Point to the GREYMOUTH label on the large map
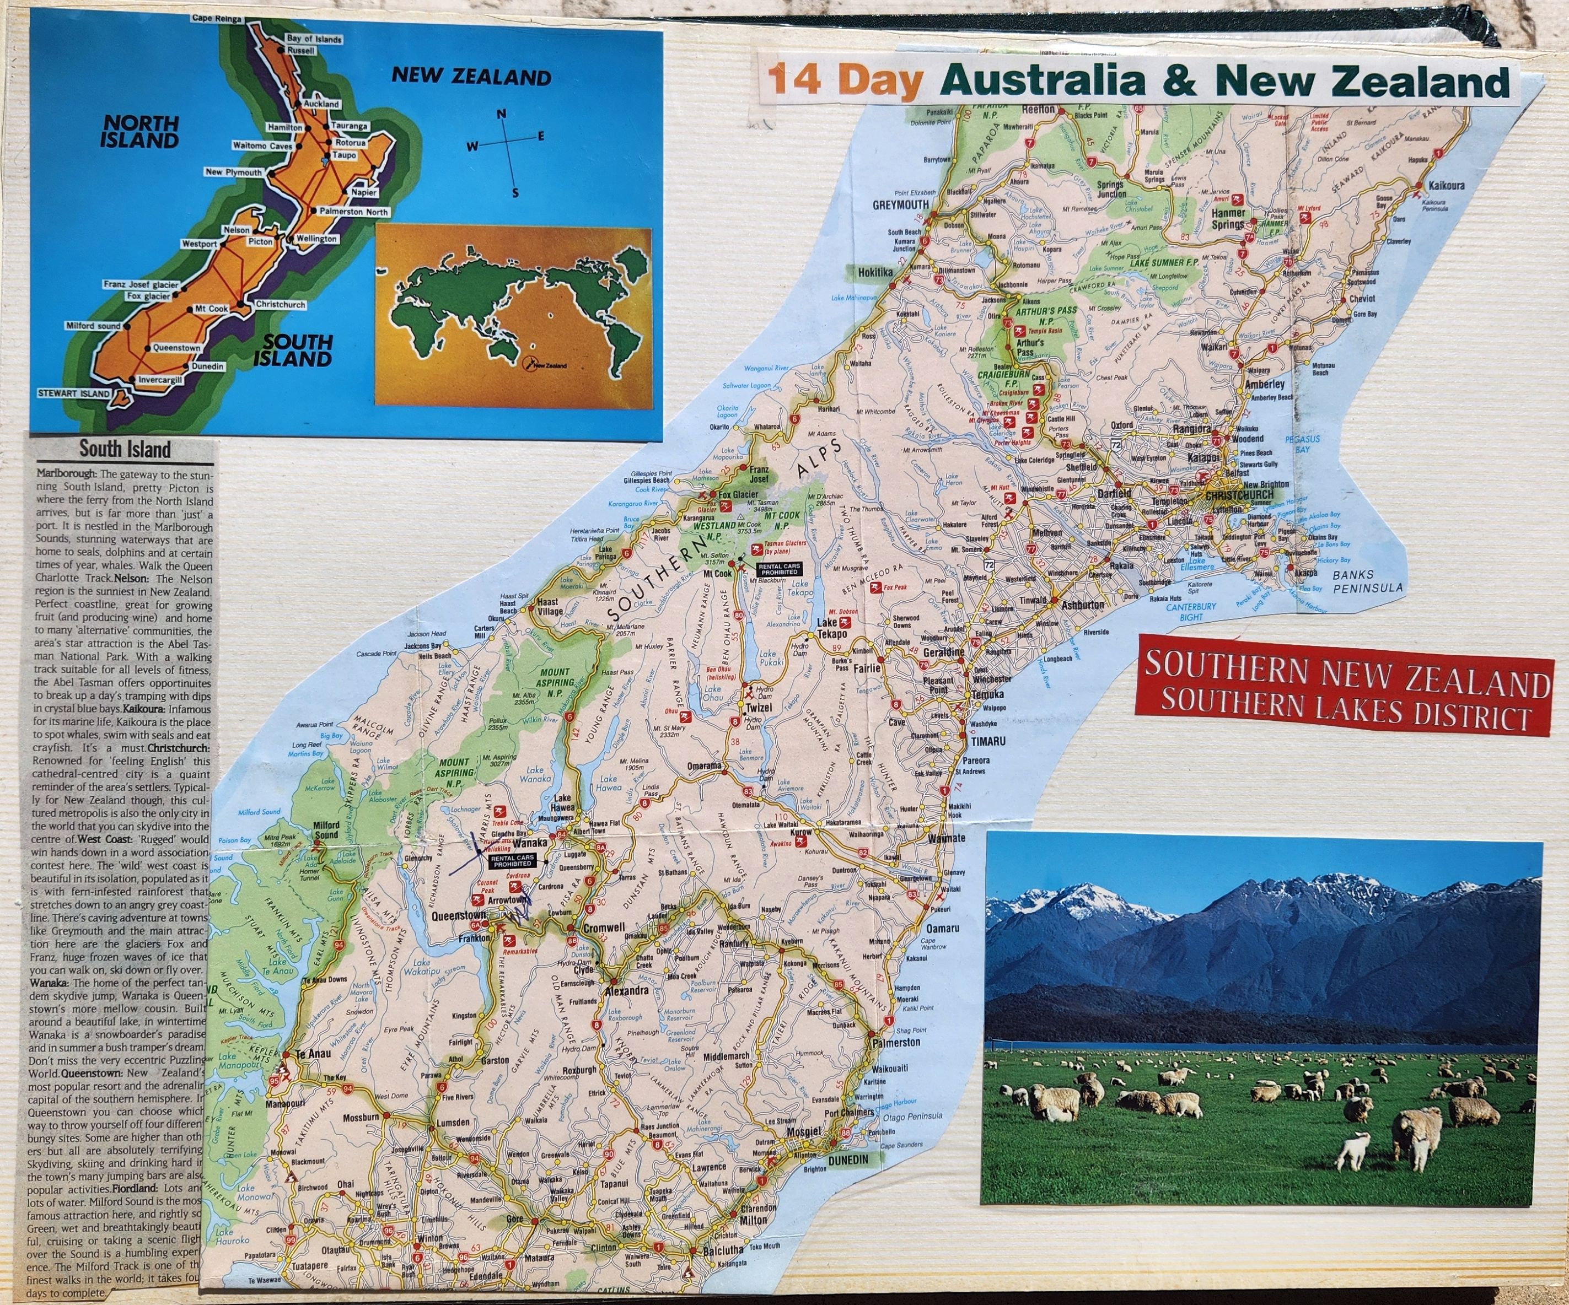click(x=901, y=204)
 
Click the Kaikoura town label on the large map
click(x=1445, y=185)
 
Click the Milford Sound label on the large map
click(x=326, y=830)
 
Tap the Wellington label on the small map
click(x=317, y=239)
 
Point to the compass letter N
click(x=502, y=114)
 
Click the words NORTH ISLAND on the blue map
click(x=141, y=132)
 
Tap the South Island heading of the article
click(x=125, y=449)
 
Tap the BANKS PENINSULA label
click(x=1368, y=580)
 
